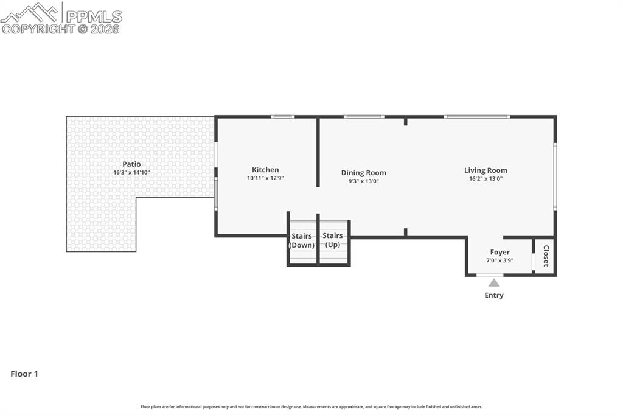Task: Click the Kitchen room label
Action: coord(265,170)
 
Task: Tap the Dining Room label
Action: coord(363,173)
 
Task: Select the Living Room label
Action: coord(486,170)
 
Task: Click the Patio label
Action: coord(131,164)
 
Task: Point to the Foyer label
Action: coord(500,252)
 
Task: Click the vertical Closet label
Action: coord(546,256)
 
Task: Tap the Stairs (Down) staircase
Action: coord(302,242)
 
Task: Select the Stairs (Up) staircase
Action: coord(333,242)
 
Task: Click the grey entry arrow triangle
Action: coord(494,282)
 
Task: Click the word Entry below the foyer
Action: coord(494,295)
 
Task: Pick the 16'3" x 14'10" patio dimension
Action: coord(131,173)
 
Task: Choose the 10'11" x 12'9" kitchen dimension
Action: coord(265,178)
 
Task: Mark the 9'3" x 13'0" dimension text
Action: coord(363,181)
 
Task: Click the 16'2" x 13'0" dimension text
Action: coord(486,179)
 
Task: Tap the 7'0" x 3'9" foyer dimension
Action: coord(500,260)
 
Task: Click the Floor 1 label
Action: coord(24,374)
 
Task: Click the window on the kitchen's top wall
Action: coord(282,116)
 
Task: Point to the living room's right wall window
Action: coord(554,176)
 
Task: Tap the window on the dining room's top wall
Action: coord(364,116)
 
